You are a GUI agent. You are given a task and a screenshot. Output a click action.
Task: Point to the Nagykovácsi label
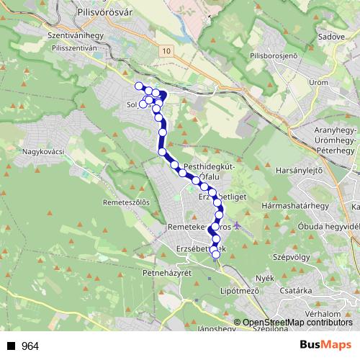[43, 151]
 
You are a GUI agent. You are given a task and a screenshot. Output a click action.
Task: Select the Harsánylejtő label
[297, 170]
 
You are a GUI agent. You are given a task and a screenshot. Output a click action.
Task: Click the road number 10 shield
[167, 51]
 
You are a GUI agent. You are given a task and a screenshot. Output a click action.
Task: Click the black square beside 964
[11, 346]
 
